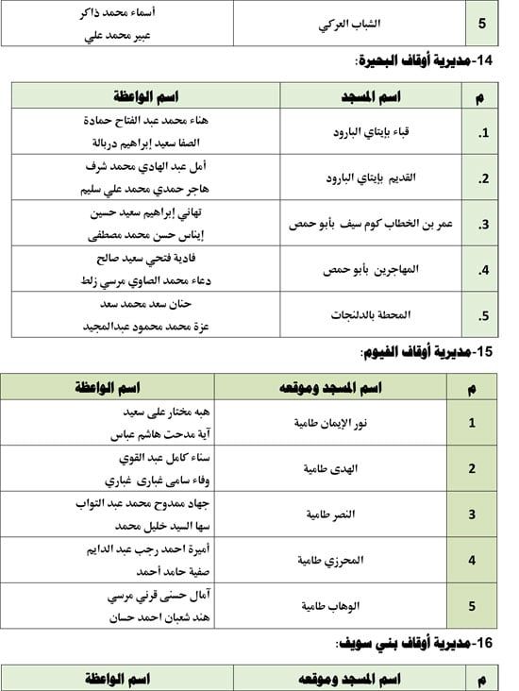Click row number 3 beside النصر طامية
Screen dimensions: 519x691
472,514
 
